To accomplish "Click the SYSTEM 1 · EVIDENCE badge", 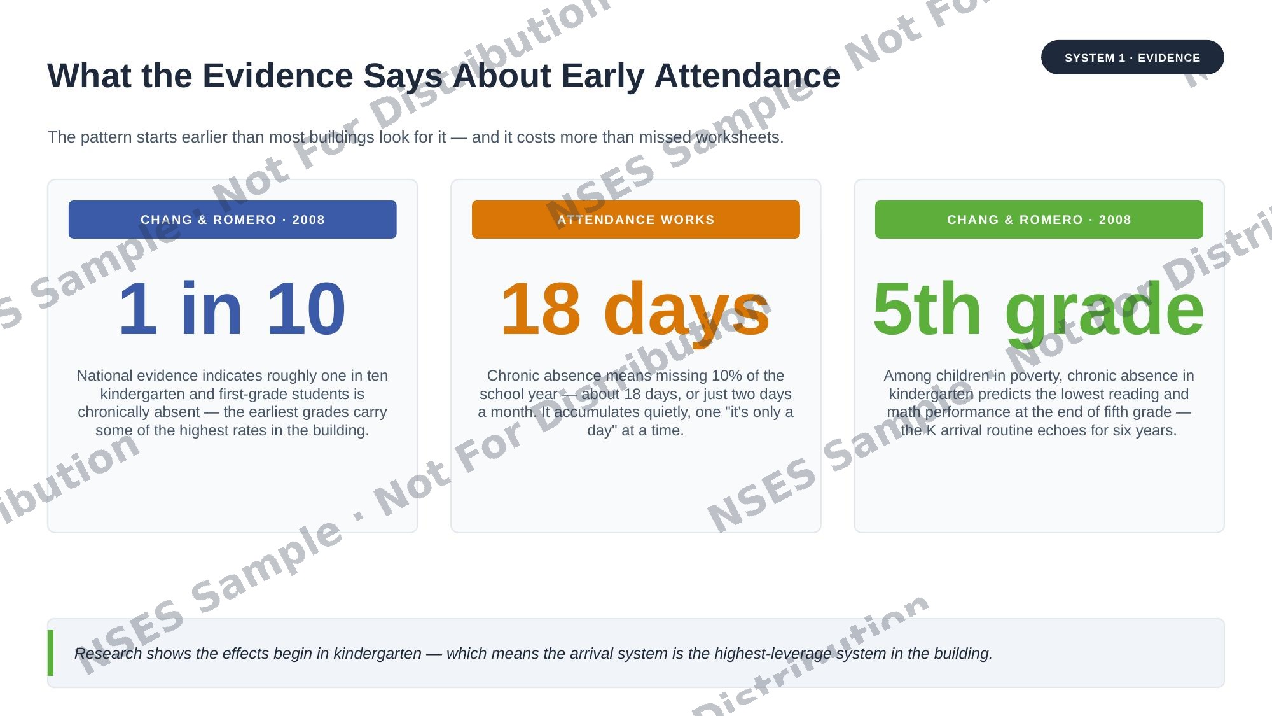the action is (x=1132, y=57).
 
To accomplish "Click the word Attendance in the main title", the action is (x=747, y=76).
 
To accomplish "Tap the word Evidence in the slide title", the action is (x=278, y=76).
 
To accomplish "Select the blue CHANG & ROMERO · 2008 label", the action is (x=232, y=220).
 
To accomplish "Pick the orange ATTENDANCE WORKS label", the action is (x=636, y=220).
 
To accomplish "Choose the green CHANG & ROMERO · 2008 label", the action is (x=1039, y=220).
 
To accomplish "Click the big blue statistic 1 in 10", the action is (x=232, y=309).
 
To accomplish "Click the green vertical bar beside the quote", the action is (x=50, y=653).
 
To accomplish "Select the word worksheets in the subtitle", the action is (x=739, y=137).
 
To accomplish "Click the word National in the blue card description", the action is (x=105, y=376).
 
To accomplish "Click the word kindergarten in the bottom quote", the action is (x=377, y=654).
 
